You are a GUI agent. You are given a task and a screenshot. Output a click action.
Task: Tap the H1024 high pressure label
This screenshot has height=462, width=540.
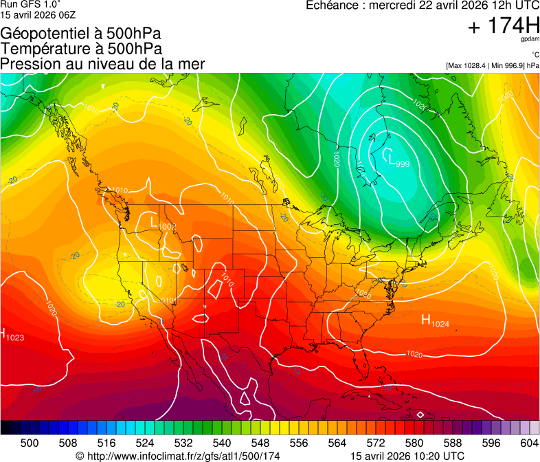(434, 321)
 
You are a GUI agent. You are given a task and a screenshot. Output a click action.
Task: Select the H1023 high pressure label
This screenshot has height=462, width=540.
(12, 335)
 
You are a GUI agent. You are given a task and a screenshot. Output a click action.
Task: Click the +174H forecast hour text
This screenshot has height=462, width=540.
(503, 26)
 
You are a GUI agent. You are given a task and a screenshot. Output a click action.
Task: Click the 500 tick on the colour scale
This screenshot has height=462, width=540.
(30, 443)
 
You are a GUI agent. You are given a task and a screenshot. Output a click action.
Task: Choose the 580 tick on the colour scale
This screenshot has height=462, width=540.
(414, 443)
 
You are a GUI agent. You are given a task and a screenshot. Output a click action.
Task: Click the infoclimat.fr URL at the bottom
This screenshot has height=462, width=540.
(179, 456)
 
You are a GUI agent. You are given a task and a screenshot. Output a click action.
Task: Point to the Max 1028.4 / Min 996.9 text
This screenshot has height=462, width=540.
(492, 65)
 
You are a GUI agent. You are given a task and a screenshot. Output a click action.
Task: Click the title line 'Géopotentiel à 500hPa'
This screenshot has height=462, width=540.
(81, 34)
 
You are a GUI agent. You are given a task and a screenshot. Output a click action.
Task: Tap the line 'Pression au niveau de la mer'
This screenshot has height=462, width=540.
(102, 63)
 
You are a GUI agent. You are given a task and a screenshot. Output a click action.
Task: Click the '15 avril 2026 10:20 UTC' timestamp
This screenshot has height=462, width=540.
(407, 456)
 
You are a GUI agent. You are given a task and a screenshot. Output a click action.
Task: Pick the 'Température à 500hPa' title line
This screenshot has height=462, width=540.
(81, 49)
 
